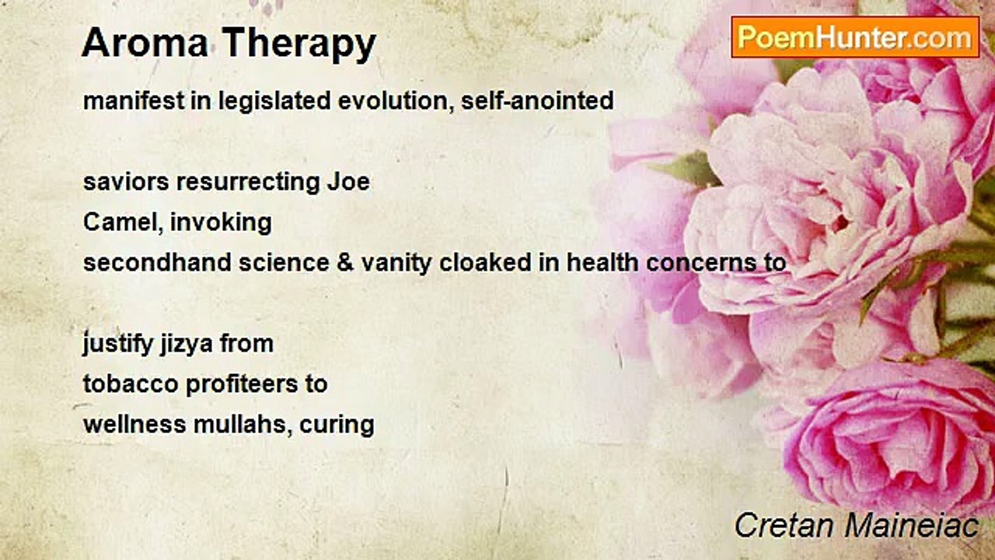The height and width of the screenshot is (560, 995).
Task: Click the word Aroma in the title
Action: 145,43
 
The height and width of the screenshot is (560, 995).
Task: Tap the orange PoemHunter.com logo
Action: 855,37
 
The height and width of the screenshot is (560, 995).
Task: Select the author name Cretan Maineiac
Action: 857,525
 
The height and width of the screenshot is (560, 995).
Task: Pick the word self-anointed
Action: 537,100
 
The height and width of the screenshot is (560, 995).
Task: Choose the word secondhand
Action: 157,262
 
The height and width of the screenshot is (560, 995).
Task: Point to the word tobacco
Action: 131,383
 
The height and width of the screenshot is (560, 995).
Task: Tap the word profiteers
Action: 241,385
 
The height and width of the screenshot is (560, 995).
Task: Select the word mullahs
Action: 243,425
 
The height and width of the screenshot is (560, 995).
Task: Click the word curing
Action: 337,425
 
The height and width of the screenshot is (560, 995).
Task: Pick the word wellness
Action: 134,425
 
